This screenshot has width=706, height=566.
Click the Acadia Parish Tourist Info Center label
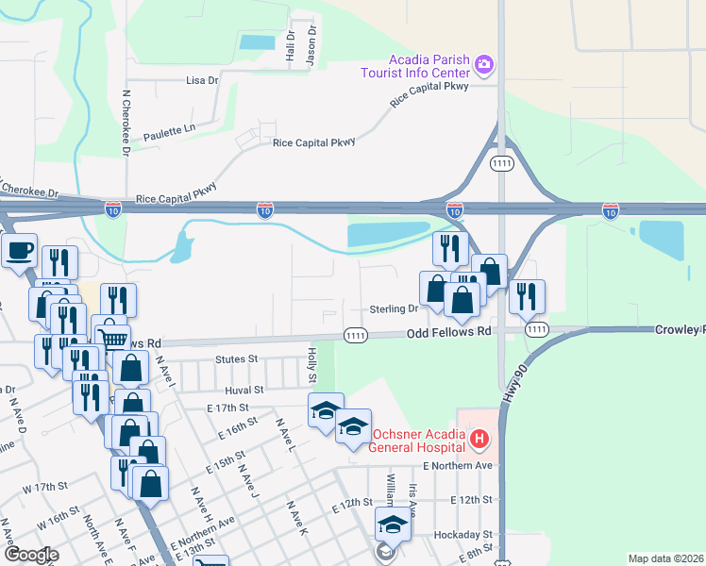tap(414, 65)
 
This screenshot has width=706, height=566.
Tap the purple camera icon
tap(484, 64)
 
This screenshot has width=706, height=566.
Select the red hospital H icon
tap(479, 439)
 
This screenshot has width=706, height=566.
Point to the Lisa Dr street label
tap(202, 81)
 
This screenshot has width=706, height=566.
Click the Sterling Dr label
tap(394, 308)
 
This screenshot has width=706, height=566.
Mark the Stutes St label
tap(236, 359)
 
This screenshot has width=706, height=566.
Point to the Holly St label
tap(312, 364)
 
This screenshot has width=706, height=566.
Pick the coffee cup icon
tap(19, 251)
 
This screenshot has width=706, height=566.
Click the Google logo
tap(30, 555)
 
